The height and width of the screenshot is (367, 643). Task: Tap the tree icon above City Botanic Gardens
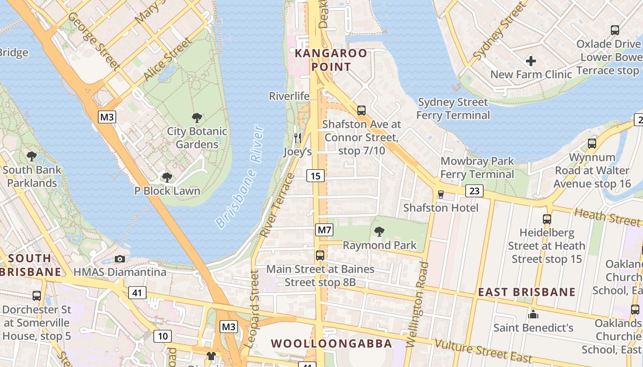[197, 118]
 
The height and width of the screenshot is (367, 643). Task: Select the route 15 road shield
[316, 176]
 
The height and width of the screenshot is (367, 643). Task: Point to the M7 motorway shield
[324, 230]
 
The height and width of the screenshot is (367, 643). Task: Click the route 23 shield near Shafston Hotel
[474, 191]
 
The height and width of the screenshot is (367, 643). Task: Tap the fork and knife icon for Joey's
[298, 138]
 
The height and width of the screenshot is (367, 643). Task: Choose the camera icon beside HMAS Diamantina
[120, 259]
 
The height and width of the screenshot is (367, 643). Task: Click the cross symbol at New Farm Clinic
[531, 61]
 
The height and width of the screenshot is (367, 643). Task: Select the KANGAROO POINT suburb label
[331, 60]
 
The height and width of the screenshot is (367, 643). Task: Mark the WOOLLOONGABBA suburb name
[331, 344]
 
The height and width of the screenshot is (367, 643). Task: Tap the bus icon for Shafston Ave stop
[361, 111]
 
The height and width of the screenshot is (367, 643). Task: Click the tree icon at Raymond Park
[379, 232]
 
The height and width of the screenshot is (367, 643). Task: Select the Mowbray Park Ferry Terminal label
[477, 168]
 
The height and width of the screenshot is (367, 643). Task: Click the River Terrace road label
[276, 205]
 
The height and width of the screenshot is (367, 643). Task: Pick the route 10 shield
[163, 336]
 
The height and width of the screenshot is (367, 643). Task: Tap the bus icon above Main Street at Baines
[320, 256]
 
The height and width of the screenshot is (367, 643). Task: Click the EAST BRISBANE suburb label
[527, 292]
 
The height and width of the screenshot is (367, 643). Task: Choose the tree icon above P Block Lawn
[167, 178]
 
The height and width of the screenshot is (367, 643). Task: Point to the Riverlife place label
[289, 96]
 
